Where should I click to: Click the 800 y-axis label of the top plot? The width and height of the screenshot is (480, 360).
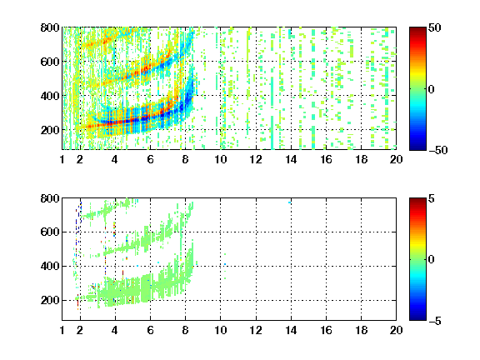click(x=50, y=27)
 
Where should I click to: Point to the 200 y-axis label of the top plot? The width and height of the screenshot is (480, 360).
click(x=50, y=130)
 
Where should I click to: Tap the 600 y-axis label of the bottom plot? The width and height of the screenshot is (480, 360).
click(x=50, y=232)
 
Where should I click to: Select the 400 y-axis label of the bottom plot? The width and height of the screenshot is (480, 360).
click(x=50, y=266)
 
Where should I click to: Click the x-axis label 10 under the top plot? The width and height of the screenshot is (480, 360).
click(x=220, y=159)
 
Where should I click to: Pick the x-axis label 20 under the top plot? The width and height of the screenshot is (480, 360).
click(x=396, y=159)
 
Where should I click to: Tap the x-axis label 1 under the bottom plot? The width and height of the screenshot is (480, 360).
click(x=62, y=330)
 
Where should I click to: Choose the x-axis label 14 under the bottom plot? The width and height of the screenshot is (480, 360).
click(x=291, y=330)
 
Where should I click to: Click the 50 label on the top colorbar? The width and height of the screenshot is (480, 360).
click(x=434, y=27)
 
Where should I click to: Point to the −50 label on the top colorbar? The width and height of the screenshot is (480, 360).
click(x=437, y=150)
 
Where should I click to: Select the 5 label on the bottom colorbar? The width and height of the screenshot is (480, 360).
click(x=432, y=198)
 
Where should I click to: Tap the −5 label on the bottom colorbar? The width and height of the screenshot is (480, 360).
click(x=435, y=321)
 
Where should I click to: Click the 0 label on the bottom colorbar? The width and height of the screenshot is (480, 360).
click(x=432, y=260)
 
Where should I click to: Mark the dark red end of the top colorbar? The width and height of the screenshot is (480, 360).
click(x=417, y=28)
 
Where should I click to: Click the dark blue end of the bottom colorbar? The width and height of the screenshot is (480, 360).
click(x=417, y=319)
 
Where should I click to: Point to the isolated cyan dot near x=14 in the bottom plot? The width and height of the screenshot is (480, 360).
click(x=289, y=202)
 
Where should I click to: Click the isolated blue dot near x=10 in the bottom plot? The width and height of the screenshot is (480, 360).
click(x=225, y=264)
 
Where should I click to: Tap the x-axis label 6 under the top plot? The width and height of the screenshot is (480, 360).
click(x=150, y=159)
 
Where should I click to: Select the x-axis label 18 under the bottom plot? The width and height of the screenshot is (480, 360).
click(x=361, y=330)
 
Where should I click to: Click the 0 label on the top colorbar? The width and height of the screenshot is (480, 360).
click(x=432, y=89)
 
